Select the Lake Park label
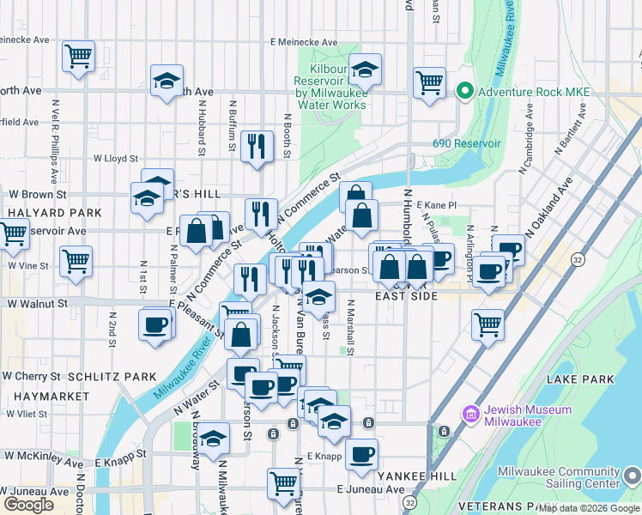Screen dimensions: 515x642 click(x=584, y=379)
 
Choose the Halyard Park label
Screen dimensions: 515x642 click(x=42, y=211)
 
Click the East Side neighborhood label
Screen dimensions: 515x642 click(x=407, y=296)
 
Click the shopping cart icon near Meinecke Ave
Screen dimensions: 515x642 click(x=78, y=57)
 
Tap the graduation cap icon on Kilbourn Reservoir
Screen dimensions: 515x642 click(x=365, y=70)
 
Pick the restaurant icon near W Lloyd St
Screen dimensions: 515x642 click(x=256, y=147)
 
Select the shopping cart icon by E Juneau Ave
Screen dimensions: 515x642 click(x=283, y=482)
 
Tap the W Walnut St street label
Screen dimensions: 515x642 click(x=37, y=304)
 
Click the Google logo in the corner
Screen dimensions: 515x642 click(x=28, y=504)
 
